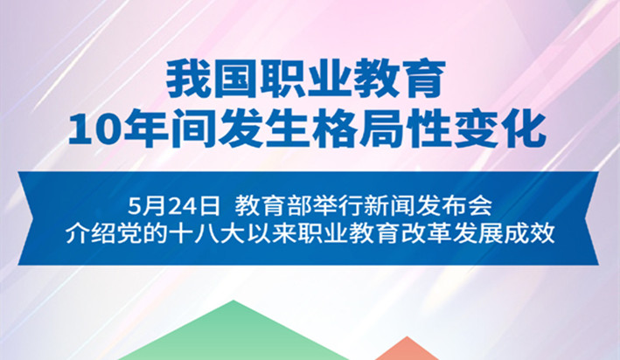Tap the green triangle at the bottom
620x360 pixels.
tap(233, 336)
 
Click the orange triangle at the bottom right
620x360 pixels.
tap(404, 350)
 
